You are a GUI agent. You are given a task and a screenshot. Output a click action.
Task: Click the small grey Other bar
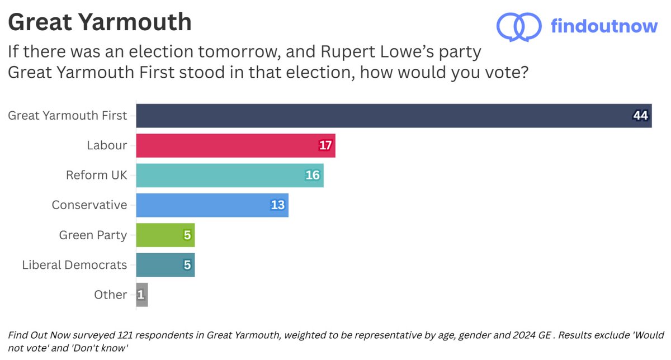tap(142, 294)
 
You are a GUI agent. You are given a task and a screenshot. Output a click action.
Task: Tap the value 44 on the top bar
tap(640, 116)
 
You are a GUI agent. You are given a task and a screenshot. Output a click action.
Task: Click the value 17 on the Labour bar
tap(325, 145)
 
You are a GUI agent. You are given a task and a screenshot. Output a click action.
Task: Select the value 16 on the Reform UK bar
tap(312, 175)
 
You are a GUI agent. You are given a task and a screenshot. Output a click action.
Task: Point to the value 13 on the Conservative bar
tap(278, 205)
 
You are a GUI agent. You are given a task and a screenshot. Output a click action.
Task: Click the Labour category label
tap(107, 145)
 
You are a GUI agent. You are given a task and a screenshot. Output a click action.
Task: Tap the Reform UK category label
tap(97, 175)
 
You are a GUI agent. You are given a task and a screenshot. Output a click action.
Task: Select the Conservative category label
tap(89, 205)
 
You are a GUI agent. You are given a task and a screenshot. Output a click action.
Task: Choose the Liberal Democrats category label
tap(74, 264)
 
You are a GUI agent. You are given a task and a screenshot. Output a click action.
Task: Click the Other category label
tap(111, 294)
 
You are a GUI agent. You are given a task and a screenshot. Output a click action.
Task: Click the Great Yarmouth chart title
tap(100, 22)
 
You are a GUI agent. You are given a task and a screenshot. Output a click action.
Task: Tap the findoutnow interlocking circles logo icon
tap(519, 26)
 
